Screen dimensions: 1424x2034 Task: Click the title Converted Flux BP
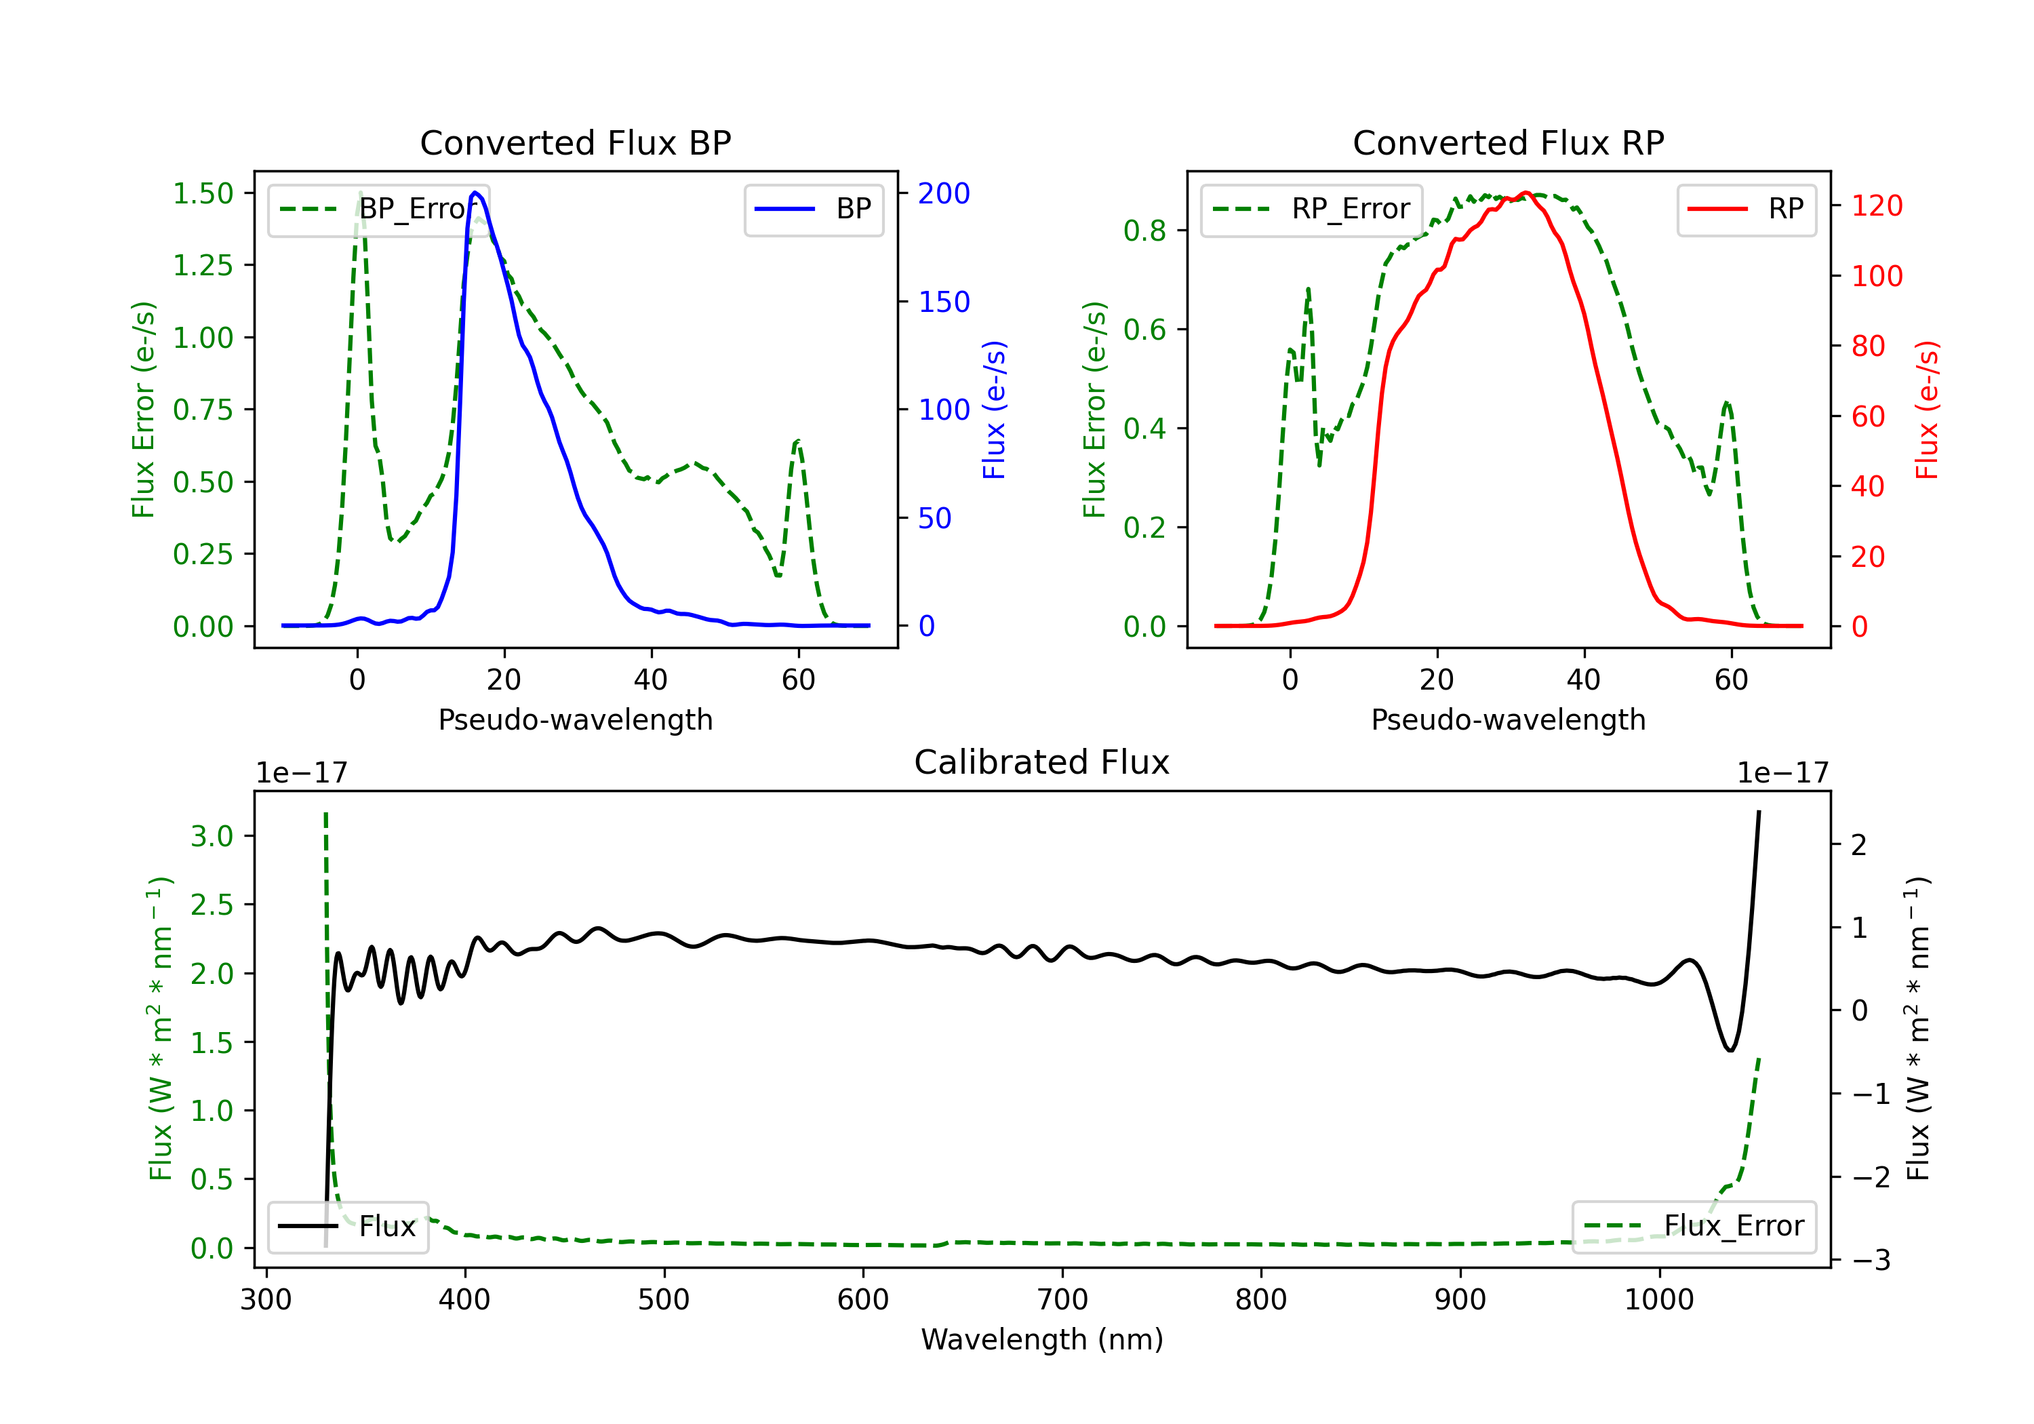point(575,142)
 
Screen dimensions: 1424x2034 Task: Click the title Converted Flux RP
point(1508,142)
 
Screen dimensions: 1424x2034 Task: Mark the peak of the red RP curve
point(1525,193)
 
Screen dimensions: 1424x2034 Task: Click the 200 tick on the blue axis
point(944,193)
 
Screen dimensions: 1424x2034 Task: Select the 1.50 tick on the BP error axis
point(203,193)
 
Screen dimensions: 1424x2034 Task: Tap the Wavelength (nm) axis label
point(1042,1339)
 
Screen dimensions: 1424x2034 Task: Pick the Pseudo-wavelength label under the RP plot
point(1508,719)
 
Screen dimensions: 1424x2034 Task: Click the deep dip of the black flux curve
point(1730,1050)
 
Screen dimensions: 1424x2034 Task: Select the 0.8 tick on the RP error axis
point(1144,231)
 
